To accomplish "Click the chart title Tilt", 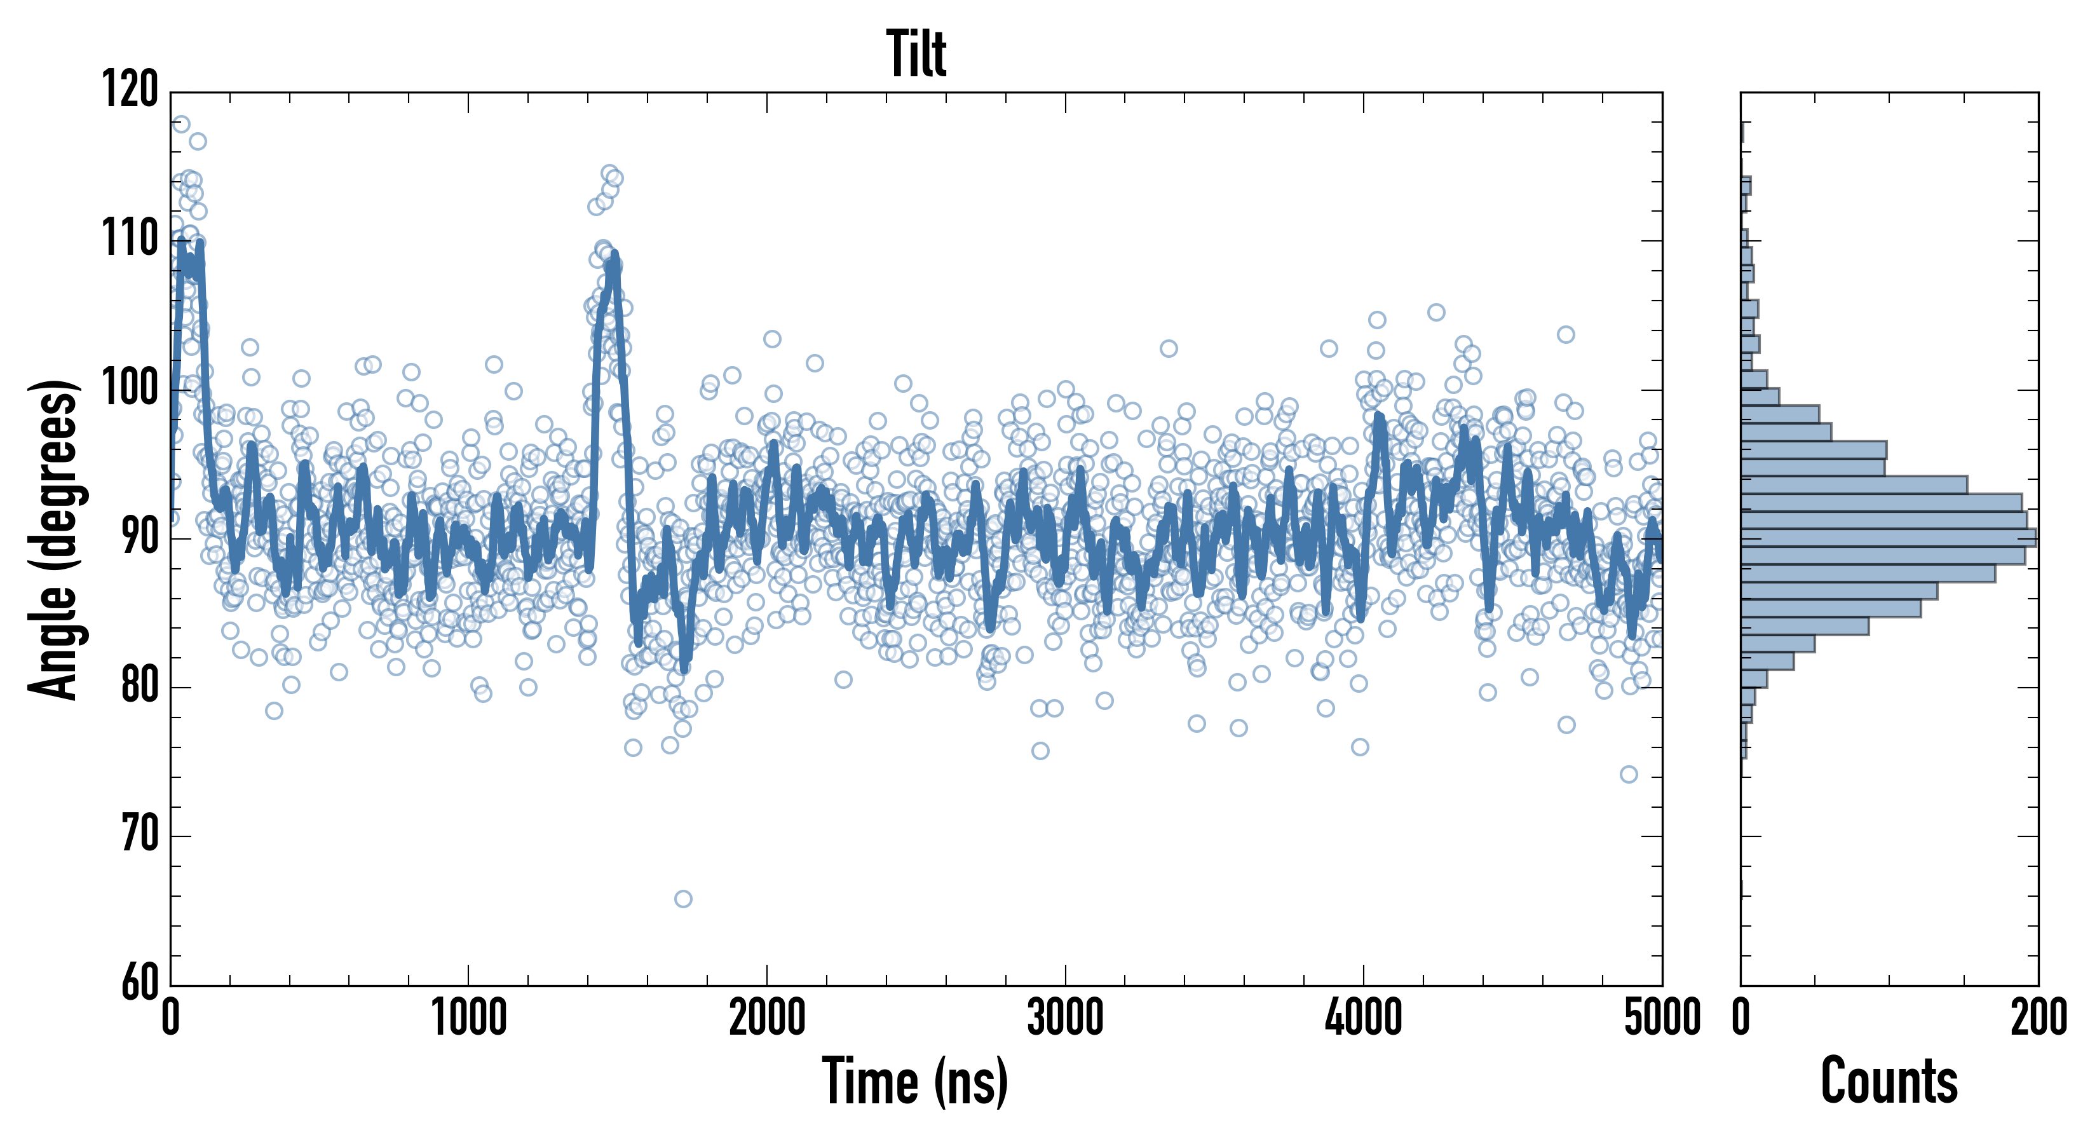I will pyautogui.click(x=916, y=54).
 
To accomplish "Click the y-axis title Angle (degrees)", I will pyautogui.click(x=54, y=539).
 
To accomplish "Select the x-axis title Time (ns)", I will pyautogui.click(x=916, y=1081).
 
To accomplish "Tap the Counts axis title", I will pyautogui.click(x=1889, y=1081).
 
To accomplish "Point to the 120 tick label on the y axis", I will pyautogui.click(x=130, y=90).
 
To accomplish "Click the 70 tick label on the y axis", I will pyautogui.click(x=139, y=835).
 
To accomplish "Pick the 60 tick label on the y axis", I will pyautogui.click(x=139, y=984).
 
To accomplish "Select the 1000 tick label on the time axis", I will pyautogui.click(x=468, y=1018).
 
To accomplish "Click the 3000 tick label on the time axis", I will pyautogui.click(x=1065, y=1018).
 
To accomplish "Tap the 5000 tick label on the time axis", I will pyautogui.click(x=1662, y=1018).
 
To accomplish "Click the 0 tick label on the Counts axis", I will pyautogui.click(x=1741, y=1018).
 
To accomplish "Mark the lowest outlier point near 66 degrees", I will pyautogui.click(x=683, y=899).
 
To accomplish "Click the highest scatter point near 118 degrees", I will pyautogui.click(x=180, y=124).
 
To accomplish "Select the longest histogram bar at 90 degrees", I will pyautogui.click(x=1889, y=538).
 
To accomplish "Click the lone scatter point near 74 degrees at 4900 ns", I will pyautogui.click(x=1628, y=774).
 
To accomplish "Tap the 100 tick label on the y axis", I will pyautogui.click(x=130, y=389).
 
